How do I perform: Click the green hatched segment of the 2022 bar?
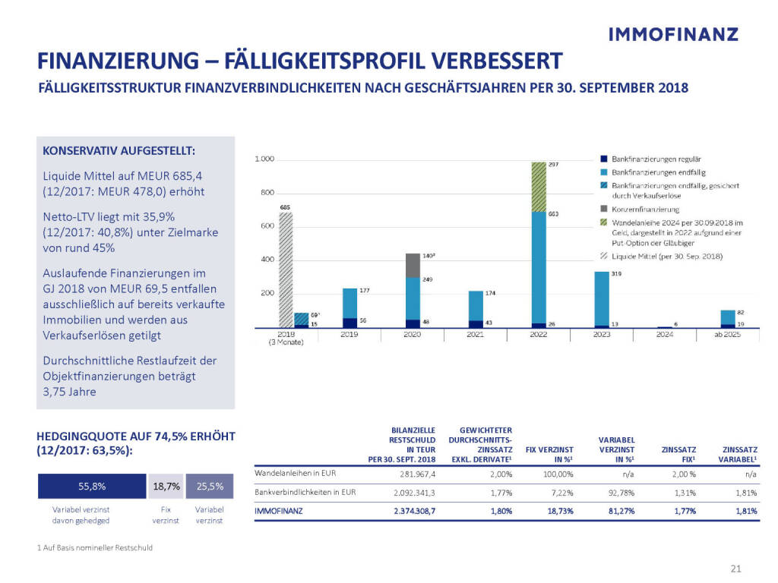tap(539, 187)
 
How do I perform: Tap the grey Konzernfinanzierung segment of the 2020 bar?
tap(413, 265)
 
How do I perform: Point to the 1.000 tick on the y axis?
tap(264, 159)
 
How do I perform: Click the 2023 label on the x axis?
tap(601, 334)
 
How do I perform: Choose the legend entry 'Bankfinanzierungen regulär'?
tap(650, 159)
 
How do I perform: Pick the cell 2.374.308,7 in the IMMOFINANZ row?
tap(415, 511)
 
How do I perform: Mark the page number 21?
tap(735, 569)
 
